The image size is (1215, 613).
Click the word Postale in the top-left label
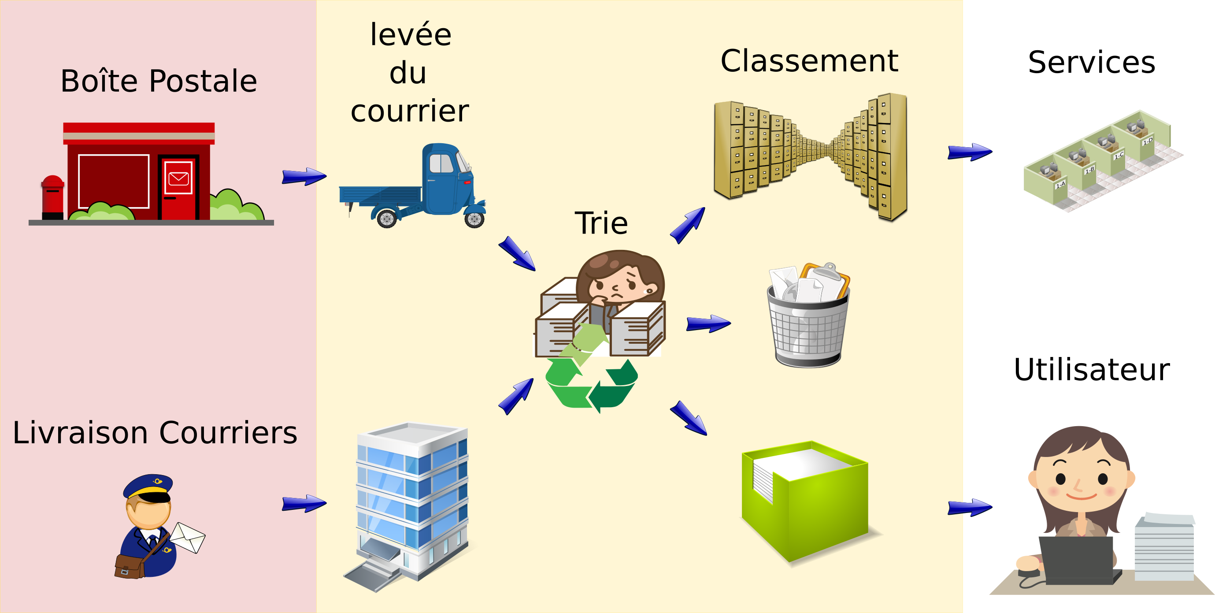[x=203, y=81]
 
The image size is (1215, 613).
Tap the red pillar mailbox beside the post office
[x=52, y=197]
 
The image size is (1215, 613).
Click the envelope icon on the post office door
[x=179, y=179]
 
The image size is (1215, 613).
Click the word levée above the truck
[x=410, y=34]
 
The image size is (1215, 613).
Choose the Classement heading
[x=809, y=61]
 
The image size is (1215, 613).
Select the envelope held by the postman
[x=187, y=537]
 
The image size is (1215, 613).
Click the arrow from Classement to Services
[x=970, y=152]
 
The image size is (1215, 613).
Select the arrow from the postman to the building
[x=304, y=504]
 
